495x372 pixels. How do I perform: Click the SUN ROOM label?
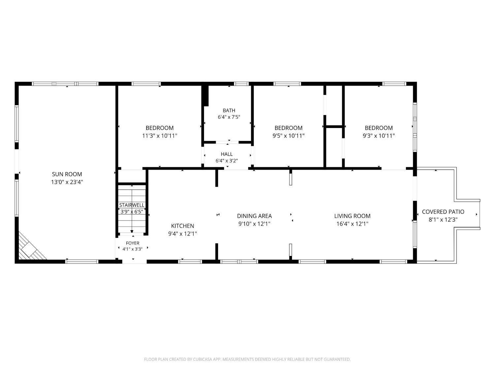tap(67, 174)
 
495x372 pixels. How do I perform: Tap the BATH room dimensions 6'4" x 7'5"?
tap(229, 117)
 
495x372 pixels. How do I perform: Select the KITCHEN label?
tap(182, 226)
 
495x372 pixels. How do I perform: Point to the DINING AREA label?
tap(254, 216)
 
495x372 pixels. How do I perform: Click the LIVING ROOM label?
tap(352, 216)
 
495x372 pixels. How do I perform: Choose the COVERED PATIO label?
tap(443, 212)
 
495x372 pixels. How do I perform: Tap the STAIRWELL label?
tap(132, 205)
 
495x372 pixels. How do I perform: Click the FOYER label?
tap(133, 243)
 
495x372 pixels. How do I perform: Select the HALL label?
tap(227, 154)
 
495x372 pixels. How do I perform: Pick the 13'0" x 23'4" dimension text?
tap(67, 182)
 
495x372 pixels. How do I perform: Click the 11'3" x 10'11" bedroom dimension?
tap(160, 136)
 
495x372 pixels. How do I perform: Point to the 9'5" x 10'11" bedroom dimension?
tap(288, 136)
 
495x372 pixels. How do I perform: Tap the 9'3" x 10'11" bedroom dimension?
tap(379, 136)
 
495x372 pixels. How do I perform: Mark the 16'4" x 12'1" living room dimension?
tap(352, 224)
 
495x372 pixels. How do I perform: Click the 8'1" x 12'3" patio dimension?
tap(443, 220)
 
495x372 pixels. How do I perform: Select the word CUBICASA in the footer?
tap(203, 359)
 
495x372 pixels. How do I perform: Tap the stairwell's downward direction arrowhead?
tap(132, 231)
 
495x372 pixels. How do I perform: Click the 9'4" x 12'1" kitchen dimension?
tap(182, 234)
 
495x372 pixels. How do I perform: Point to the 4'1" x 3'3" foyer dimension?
tap(133, 249)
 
